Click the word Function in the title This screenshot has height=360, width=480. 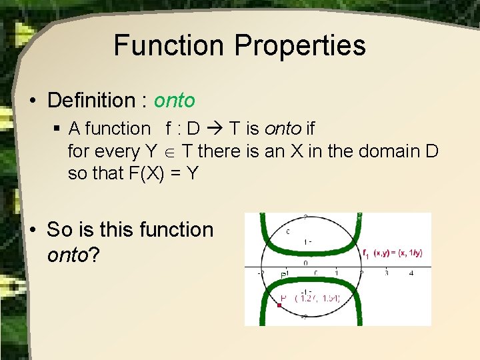pyautogui.click(x=169, y=45)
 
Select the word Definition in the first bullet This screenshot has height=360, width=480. pyautogui.click(x=91, y=101)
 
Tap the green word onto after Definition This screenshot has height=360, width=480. pyautogui.click(x=175, y=101)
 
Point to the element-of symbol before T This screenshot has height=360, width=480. pyautogui.click(x=170, y=151)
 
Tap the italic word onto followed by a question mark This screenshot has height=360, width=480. pyautogui.click(x=67, y=255)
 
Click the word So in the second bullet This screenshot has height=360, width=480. pyautogui.click(x=59, y=229)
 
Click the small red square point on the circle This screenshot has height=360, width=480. pyautogui.click(x=279, y=305)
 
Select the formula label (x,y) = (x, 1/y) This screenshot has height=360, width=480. pyautogui.click(x=398, y=253)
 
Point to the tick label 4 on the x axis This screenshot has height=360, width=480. pyautogui.click(x=411, y=273)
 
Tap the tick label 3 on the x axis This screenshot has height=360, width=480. pyautogui.click(x=387, y=273)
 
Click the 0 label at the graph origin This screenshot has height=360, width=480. pyautogui.click(x=305, y=263)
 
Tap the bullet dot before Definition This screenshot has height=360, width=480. pyautogui.click(x=33, y=101)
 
